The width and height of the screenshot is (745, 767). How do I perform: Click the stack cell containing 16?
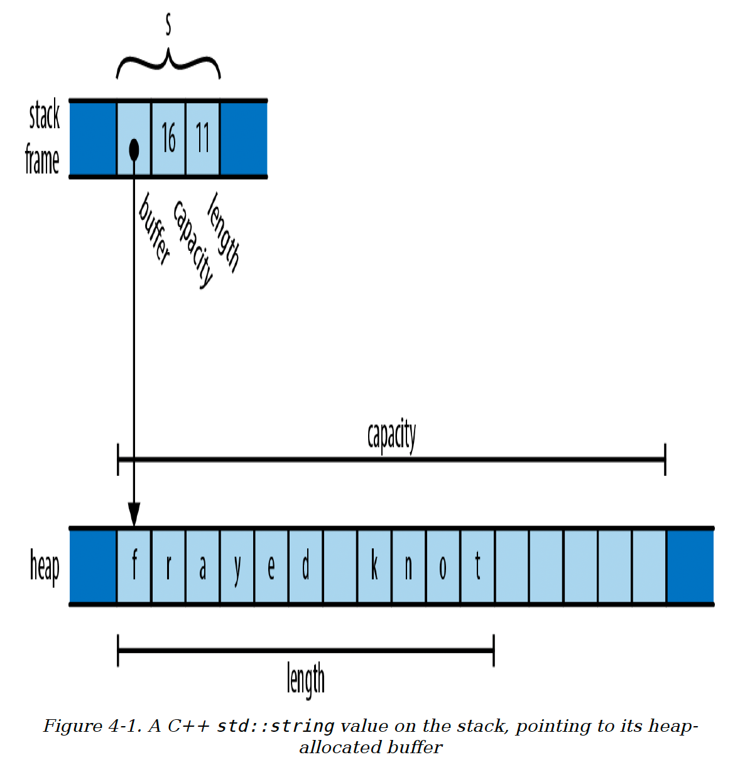pos(168,138)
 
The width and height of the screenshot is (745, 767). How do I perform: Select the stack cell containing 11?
pos(202,138)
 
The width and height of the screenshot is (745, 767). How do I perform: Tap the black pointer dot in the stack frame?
pos(134,150)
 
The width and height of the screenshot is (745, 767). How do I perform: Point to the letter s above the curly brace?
pos(168,25)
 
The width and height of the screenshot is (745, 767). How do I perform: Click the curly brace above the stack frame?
pos(168,63)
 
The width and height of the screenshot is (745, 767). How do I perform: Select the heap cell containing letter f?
pos(134,566)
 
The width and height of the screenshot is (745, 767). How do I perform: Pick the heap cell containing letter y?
pos(237,566)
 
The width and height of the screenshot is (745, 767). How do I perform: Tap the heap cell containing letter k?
pos(374,566)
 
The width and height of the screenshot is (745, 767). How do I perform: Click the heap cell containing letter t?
pos(477,566)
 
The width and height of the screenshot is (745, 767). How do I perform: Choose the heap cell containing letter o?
pos(443,566)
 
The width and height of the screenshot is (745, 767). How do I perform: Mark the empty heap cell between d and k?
pos(340,566)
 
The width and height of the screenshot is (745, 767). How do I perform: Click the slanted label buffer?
pos(155,229)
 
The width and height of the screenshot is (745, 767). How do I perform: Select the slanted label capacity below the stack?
pos(193,244)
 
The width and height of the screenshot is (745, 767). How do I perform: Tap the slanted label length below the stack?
pos(223,232)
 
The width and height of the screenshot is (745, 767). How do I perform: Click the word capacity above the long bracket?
pos(391,436)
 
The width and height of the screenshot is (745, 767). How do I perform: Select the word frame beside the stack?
pos(42,159)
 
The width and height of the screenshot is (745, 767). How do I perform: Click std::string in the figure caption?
pos(275,726)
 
